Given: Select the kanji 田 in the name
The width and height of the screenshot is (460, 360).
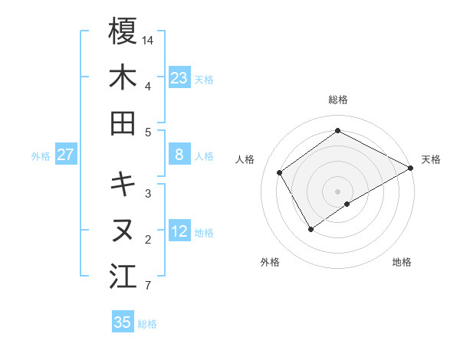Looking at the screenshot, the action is pyautogui.click(x=123, y=123).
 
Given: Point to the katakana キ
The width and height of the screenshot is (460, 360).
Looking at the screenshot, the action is pyautogui.click(x=123, y=184).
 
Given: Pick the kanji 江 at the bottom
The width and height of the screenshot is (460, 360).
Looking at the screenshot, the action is pyautogui.click(x=123, y=276).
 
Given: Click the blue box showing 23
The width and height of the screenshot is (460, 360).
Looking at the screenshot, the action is pyautogui.click(x=179, y=78).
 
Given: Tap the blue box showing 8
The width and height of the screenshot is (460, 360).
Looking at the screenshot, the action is pyautogui.click(x=179, y=155).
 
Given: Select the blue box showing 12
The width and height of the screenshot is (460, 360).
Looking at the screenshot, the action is pyautogui.click(x=179, y=231).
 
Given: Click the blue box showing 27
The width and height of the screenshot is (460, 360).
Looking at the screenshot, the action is pyautogui.click(x=65, y=155).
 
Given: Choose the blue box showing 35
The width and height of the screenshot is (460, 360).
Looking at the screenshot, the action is pyautogui.click(x=123, y=322).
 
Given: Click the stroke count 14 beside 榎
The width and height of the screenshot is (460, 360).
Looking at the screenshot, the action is pyautogui.click(x=148, y=38).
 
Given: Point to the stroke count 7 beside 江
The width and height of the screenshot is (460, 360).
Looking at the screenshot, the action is pyautogui.click(x=147, y=286).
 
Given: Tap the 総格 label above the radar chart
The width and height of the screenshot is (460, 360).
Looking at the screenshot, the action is pyautogui.click(x=338, y=100).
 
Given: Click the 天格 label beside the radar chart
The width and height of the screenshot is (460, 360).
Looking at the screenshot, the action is pyautogui.click(x=431, y=159).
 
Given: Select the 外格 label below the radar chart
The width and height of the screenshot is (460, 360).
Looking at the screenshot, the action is pyautogui.click(x=270, y=262).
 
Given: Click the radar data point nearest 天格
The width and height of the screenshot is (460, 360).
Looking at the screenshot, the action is pyautogui.click(x=411, y=169).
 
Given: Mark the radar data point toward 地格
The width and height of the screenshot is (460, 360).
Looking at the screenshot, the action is pyautogui.click(x=347, y=203).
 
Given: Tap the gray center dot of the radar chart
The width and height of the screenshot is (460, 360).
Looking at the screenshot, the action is pyautogui.click(x=337, y=190).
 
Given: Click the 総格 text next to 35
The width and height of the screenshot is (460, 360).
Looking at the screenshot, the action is pyautogui.click(x=147, y=323).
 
